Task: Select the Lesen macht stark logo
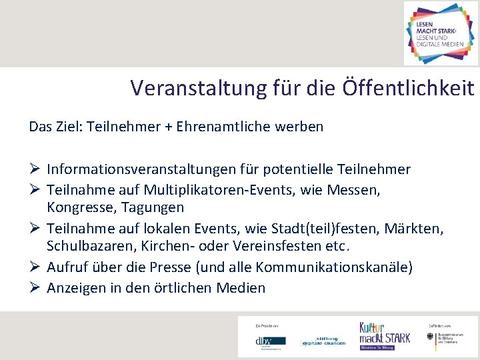point(441,33)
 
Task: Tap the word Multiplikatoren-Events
point(223,190)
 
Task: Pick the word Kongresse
point(77,208)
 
